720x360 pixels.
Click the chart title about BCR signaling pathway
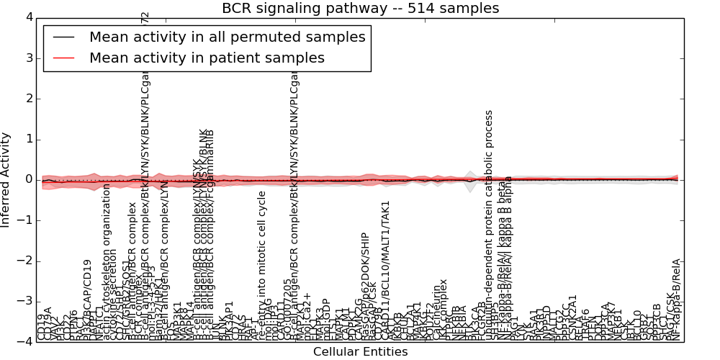(x=360, y=8)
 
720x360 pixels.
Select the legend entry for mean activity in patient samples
(x=207, y=58)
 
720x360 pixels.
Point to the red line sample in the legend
(x=63, y=58)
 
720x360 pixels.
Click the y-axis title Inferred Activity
(x=6, y=179)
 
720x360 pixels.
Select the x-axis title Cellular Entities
(x=360, y=352)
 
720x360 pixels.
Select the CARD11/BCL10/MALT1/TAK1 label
(x=386, y=270)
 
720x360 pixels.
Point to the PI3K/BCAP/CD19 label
(x=88, y=300)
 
